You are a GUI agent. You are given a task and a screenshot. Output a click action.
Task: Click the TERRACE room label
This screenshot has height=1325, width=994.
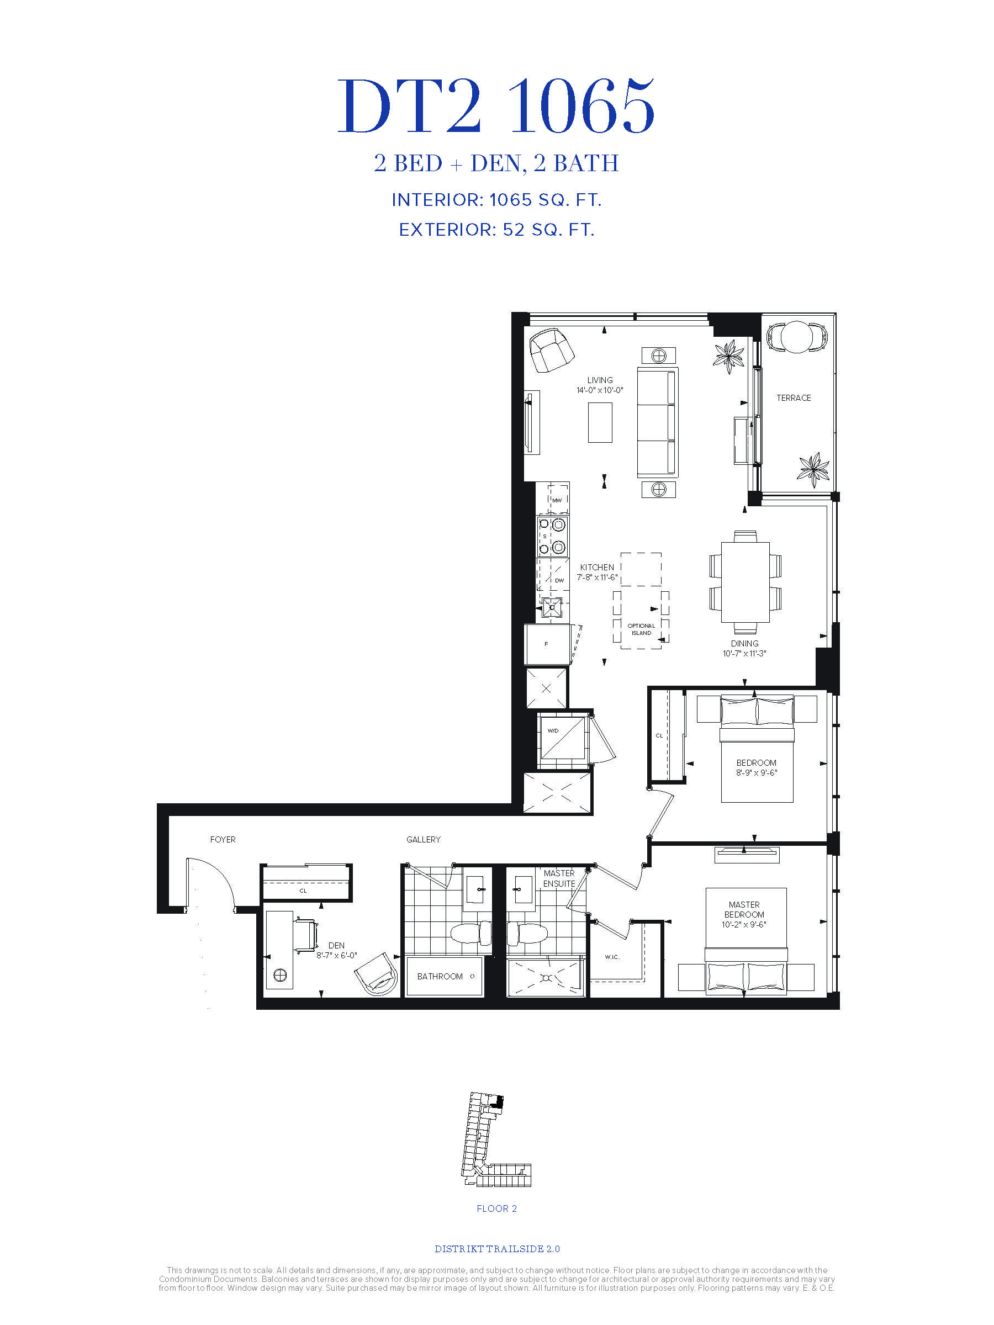pyautogui.click(x=794, y=397)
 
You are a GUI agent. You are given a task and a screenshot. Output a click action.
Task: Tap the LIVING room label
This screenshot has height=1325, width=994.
pyautogui.click(x=600, y=380)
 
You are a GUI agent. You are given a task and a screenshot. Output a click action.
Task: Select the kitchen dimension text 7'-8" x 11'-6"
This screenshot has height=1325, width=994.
pyautogui.click(x=597, y=577)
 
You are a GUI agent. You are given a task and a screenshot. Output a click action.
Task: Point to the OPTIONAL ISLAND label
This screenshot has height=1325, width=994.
pyautogui.click(x=641, y=629)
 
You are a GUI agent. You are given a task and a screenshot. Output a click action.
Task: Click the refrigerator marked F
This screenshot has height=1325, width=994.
pyautogui.click(x=547, y=644)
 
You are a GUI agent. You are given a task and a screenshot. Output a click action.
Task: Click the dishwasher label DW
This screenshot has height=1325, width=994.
pyautogui.click(x=559, y=580)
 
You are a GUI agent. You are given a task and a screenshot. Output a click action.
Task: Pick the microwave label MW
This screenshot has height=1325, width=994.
pyautogui.click(x=557, y=500)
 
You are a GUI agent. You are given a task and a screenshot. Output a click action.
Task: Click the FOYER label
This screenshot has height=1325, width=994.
pyautogui.click(x=223, y=840)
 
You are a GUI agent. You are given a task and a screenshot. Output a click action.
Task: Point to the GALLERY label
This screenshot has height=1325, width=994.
pyautogui.click(x=423, y=840)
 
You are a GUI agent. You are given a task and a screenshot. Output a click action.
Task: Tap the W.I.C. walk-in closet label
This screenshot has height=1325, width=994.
pyautogui.click(x=612, y=957)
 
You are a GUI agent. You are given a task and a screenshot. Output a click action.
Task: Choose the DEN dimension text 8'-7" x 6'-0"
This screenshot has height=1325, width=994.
pyautogui.click(x=337, y=956)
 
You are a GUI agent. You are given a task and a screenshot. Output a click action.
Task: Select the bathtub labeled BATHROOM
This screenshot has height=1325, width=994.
pyautogui.click(x=444, y=977)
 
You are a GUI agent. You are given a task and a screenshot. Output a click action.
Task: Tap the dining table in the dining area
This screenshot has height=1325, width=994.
pyautogui.click(x=745, y=582)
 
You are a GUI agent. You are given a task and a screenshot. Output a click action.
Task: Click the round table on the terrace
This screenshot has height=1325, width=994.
pyautogui.click(x=797, y=337)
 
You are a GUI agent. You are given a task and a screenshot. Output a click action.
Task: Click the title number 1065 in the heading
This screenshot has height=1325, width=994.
pyautogui.click(x=581, y=107)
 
